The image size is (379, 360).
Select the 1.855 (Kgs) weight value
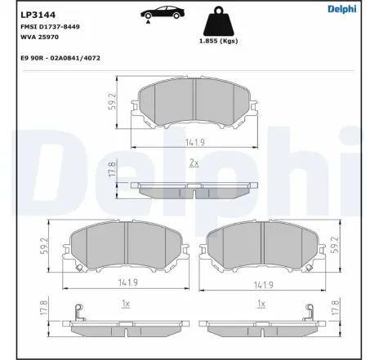[217, 41]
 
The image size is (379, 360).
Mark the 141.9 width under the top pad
[193, 142]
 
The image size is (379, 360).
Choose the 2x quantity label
[194, 163]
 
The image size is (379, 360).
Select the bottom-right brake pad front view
[261, 248]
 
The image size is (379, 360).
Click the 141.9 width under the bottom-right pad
[261, 284]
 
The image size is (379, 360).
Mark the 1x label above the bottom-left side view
[124, 303]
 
